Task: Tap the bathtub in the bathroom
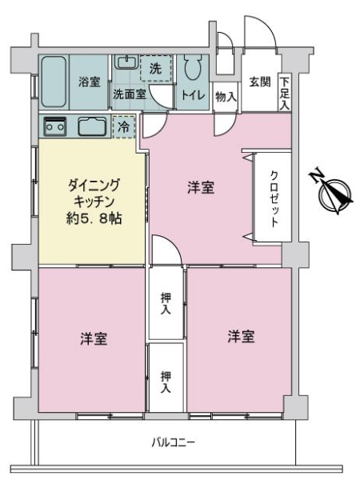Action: (54, 82)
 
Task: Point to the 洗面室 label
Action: (128, 94)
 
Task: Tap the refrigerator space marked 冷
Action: (123, 126)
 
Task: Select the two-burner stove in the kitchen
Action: (55, 126)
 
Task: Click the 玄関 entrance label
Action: (258, 82)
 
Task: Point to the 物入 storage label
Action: (226, 97)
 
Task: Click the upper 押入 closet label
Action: (166, 304)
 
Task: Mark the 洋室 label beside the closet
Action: (201, 189)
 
